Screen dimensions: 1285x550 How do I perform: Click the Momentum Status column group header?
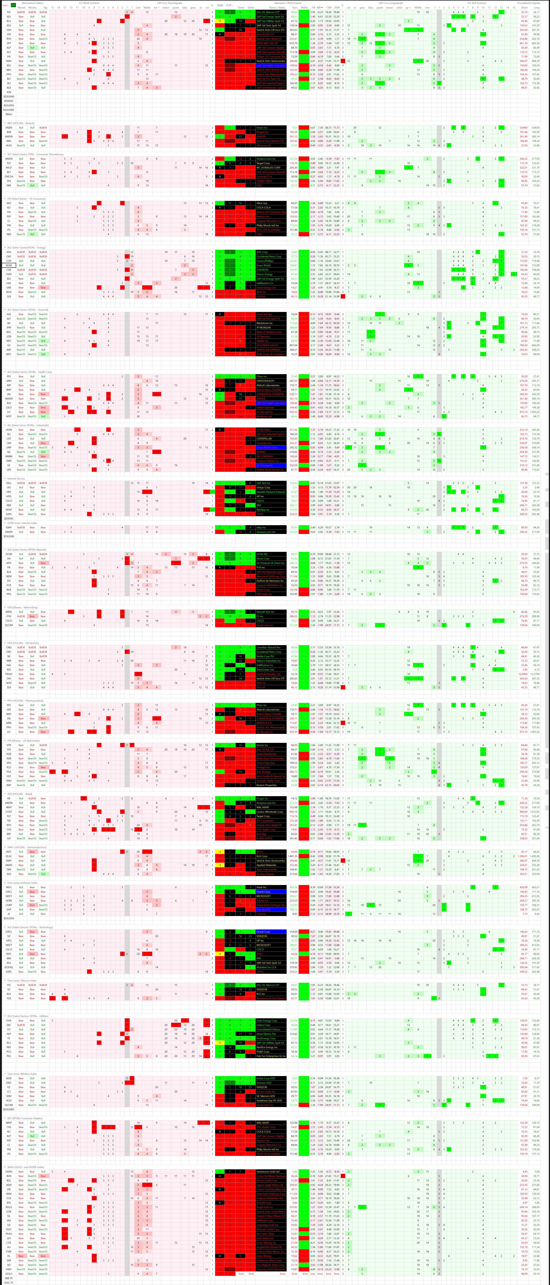[x=32, y=3]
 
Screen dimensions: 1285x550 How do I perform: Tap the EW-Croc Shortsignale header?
[x=170, y=3]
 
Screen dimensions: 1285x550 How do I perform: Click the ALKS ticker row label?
[x=9, y=146]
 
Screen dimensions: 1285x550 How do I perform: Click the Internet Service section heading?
[x=16, y=478]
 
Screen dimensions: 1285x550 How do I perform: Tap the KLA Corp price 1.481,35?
[x=293, y=856]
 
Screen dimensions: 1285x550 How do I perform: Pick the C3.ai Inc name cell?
[x=270, y=914]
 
